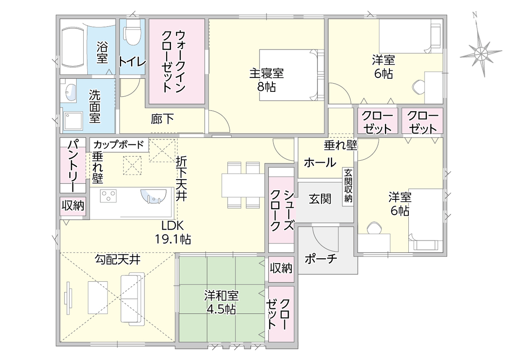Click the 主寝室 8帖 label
click(267, 80)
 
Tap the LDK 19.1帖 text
click(173, 232)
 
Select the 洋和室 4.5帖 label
click(221, 302)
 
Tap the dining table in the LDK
click(243, 185)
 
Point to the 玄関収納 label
click(348, 185)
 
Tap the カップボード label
click(118, 144)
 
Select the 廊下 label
click(162, 119)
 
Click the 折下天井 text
click(181, 179)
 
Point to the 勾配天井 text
click(118, 260)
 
